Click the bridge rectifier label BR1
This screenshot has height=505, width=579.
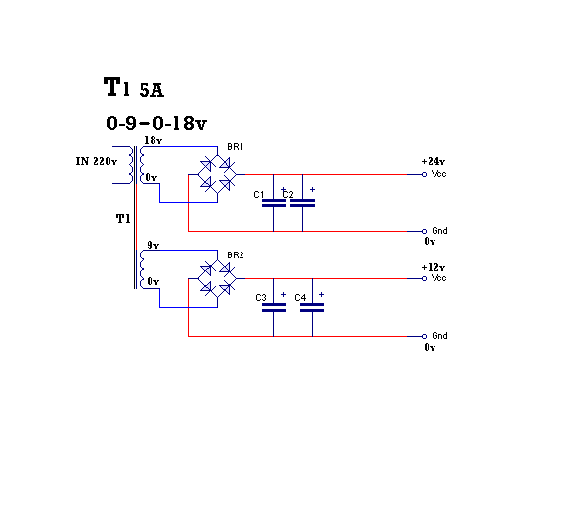click(236, 147)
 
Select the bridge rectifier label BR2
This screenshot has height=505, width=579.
click(236, 255)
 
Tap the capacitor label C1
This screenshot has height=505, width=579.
click(259, 195)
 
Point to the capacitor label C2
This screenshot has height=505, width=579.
click(288, 194)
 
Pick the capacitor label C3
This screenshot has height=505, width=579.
click(261, 298)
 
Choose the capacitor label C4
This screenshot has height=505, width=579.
click(300, 298)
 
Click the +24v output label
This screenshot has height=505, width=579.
click(434, 161)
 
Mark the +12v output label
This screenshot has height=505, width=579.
click(434, 267)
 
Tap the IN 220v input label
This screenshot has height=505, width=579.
click(96, 161)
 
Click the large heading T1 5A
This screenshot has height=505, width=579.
click(134, 87)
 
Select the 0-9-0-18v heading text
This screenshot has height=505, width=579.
click(156, 123)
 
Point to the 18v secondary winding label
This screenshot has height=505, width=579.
click(153, 140)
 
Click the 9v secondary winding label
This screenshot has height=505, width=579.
click(153, 245)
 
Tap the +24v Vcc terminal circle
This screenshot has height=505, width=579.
click(425, 174)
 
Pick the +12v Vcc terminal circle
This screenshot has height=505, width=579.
click(425, 278)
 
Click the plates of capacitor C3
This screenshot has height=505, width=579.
click(274, 308)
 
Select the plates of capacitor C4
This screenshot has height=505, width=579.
click(312, 308)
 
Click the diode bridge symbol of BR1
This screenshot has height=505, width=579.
click(217, 174)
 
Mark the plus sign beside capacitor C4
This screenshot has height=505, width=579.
click(322, 294)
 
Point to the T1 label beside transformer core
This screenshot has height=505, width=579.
click(123, 219)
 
